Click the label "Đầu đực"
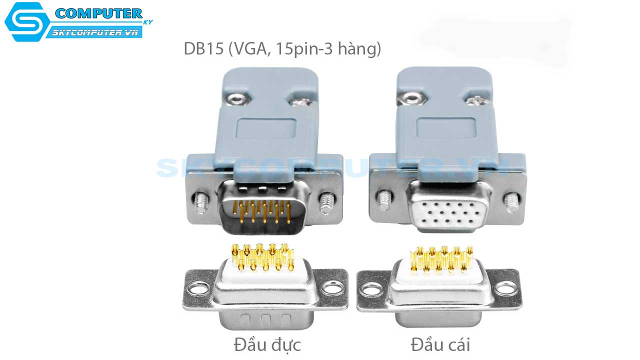[267, 345]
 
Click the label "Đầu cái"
[440, 345]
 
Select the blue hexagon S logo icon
[26, 21]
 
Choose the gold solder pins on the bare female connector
[440, 260]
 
